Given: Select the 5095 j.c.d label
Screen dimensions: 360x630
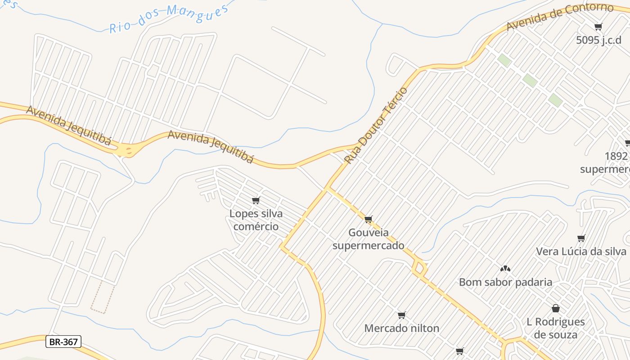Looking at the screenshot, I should tap(598, 40).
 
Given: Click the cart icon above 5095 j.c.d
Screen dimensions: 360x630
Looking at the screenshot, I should tap(598, 27).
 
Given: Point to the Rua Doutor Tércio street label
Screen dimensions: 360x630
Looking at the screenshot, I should tap(376, 125).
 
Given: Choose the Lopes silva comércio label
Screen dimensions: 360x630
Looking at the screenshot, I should tap(256, 220).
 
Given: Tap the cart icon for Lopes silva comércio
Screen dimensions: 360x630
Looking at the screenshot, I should tap(256, 200).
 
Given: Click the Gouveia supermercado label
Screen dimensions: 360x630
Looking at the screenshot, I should tap(369, 239).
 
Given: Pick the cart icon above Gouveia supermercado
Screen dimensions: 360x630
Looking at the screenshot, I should tap(369, 220).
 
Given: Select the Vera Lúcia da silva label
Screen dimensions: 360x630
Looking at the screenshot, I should tap(581, 251).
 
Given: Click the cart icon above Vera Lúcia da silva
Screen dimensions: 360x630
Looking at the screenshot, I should tap(581, 238).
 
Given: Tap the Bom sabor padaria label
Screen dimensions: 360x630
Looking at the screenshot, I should tap(505, 282).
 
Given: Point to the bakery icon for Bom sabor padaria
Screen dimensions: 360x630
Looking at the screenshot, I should tap(505, 269).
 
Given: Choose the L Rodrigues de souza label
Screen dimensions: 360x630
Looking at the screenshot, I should tap(556, 328).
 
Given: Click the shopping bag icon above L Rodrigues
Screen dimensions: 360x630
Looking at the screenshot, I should tap(556, 308).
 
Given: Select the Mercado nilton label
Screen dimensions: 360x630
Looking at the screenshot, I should tap(401, 328).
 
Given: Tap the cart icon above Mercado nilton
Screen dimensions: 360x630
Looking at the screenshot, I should tap(401, 315).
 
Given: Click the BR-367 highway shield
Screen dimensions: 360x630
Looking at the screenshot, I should tap(63, 342).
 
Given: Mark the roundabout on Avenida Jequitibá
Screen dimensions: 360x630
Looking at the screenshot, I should tap(128, 150).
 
